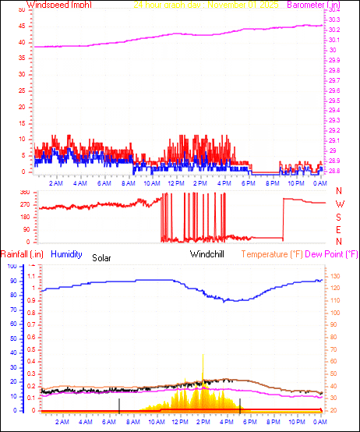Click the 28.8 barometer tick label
(334, 171)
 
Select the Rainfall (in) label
(21, 254)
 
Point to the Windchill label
(207, 254)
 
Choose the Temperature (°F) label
(272, 254)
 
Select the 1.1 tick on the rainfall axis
(32, 276)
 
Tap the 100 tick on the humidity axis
(11, 266)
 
